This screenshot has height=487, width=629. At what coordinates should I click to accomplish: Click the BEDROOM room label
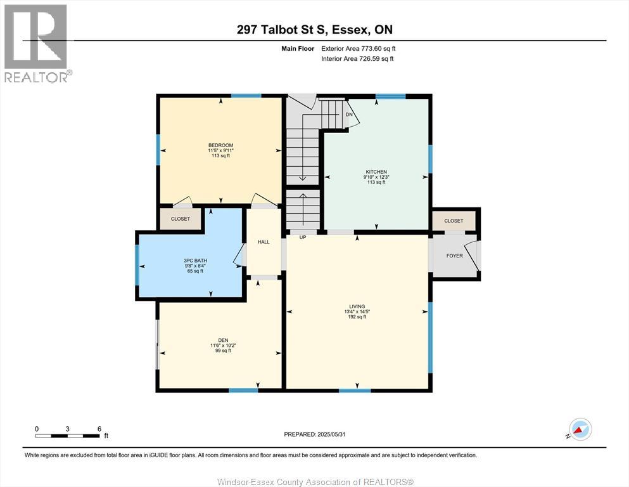click(x=220, y=145)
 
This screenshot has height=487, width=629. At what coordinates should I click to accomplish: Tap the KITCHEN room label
click(x=376, y=172)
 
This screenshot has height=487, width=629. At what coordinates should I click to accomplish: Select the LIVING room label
click(x=357, y=306)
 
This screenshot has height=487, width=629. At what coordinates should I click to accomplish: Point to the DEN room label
click(x=220, y=340)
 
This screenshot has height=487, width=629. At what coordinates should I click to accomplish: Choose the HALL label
click(x=264, y=242)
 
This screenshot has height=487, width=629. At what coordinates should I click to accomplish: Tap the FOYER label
click(x=454, y=256)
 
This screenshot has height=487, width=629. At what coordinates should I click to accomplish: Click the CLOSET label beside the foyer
click(x=454, y=221)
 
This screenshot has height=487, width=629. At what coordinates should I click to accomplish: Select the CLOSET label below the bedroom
click(x=180, y=219)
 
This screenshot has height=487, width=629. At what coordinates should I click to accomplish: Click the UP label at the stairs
click(x=303, y=238)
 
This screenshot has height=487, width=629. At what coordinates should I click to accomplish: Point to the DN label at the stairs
click(x=348, y=115)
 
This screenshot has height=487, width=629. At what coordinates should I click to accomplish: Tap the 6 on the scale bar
click(x=99, y=429)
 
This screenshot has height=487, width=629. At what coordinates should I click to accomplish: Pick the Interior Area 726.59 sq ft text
click(x=358, y=59)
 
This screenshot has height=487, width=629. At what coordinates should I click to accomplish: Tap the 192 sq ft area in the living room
click(x=357, y=317)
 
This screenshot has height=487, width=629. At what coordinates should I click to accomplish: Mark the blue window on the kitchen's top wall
click(x=390, y=96)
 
